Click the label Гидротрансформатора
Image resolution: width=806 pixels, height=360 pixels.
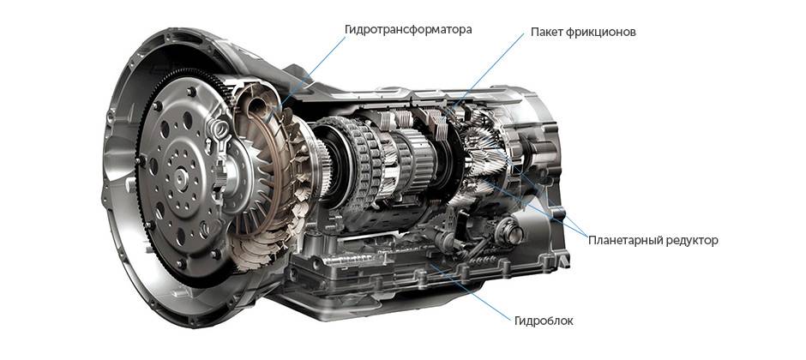pos(408,30)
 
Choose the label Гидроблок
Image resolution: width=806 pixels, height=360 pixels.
pos(544,321)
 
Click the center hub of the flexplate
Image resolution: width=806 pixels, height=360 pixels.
pos(180,177)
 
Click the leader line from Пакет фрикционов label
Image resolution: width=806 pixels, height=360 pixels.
pos(488,73)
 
